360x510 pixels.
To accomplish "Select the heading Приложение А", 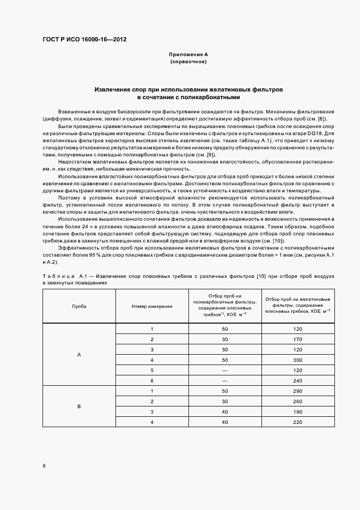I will (x=188, y=55).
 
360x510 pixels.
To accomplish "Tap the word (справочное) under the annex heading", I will (x=188, y=62).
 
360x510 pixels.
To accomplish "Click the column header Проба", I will (x=79, y=306).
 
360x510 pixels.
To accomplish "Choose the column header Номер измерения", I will (x=152, y=306).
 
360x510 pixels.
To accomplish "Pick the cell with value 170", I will (x=297, y=339).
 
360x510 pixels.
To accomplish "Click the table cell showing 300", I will (x=297, y=360).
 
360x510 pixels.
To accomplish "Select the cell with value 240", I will (x=297, y=381).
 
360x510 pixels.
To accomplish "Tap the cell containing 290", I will (x=297, y=391).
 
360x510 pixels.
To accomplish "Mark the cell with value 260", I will (x=297, y=402).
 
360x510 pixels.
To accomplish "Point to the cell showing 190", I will (x=297, y=412).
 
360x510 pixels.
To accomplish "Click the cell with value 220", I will (x=297, y=422).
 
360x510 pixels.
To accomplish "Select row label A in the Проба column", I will (x=79, y=355).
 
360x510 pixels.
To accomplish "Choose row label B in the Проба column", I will (x=79, y=406).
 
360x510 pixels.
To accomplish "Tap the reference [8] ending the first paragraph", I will (x=322, y=119).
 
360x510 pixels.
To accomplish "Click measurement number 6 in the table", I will (x=152, y=381).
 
